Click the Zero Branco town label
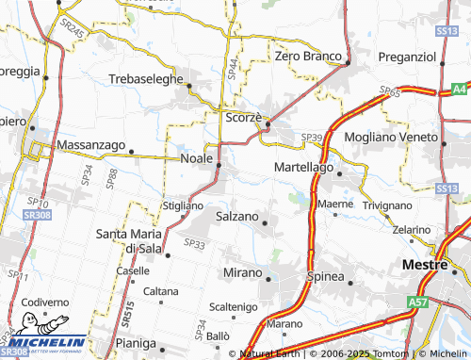click(306, 57)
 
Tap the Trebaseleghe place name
click(145, 79)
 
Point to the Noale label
click(196, 158)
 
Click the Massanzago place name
click(90, 145)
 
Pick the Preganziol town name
click(407, 57)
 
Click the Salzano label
click(237, 217)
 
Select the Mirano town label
click(242, 272)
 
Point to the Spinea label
click(325, 277)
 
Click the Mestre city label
click(422, 264)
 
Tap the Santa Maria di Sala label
click(130, 240)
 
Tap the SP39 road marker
click(311, 138)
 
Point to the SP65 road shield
click(390, 91)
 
